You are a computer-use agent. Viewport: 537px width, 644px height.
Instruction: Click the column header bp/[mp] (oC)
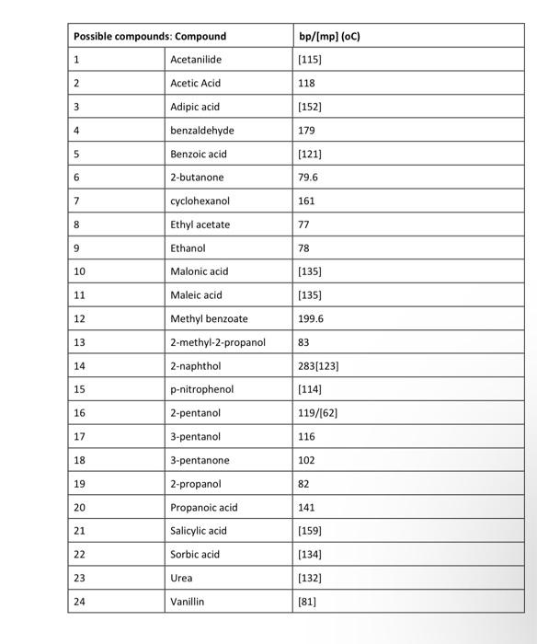[330, 36]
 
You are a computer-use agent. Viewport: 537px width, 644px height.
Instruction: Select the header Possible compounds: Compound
[150, 36]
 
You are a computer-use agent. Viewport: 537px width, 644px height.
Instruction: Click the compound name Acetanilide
[196, 60]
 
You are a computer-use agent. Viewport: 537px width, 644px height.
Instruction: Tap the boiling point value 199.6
[312, 319]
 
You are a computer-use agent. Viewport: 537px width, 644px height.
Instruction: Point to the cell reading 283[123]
[319, 366]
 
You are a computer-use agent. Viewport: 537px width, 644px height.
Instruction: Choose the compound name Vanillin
[188, 602]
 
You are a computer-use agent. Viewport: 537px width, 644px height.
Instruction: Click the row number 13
[79, 342]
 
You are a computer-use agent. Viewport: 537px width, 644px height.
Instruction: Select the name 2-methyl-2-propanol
[217, 342]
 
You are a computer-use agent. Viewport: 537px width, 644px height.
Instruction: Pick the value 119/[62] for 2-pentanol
[318, 413]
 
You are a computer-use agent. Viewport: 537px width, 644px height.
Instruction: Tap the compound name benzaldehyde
[202, 131]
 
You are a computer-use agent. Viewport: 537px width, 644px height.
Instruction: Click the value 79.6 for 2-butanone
[308, 178]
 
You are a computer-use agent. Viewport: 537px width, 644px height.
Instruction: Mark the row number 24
[79, 602]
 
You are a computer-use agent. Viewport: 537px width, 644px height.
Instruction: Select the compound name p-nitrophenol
[202, 390]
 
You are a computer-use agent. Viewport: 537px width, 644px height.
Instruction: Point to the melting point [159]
[310, 531]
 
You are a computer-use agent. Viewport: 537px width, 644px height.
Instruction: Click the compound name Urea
[181, 578]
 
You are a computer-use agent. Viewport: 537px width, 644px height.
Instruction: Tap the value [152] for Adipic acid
[310, 107]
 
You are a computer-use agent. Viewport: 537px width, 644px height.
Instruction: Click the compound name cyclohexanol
[200, 201]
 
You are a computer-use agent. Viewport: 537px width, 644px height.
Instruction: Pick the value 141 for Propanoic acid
[307, 507]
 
